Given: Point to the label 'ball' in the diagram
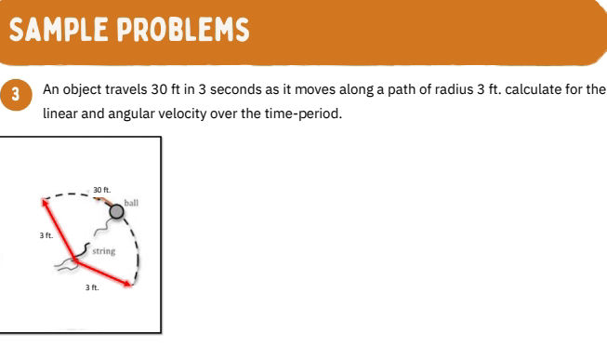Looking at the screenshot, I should coord(131,199).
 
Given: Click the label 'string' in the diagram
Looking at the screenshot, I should coord(103,251).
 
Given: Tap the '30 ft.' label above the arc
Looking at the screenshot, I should coord(101,190).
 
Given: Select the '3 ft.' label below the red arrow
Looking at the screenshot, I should coord(91,288).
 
